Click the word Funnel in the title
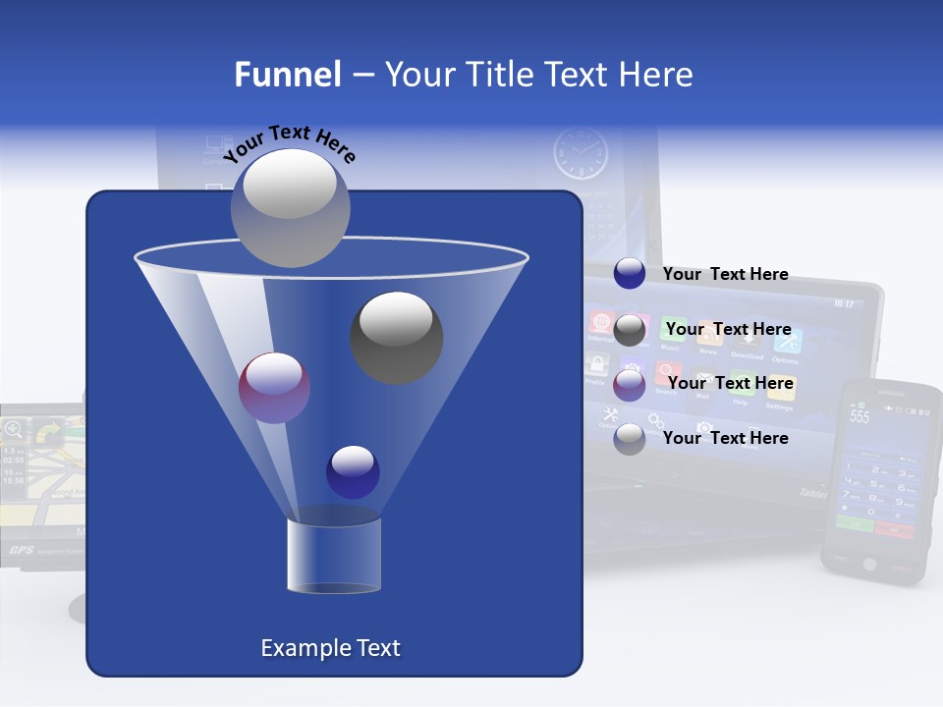coord(287,75)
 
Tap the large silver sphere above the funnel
coord(290,207)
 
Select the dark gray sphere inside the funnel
coord(396,337)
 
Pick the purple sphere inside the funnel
coord(274,388)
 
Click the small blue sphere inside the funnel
coord(353,471)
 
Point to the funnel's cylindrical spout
coord(334,556)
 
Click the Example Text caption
coord(330,648)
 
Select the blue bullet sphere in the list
coord(630,274)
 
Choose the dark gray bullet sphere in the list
coord(630,330)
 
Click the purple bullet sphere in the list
coord(630,384)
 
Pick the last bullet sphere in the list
coord(630,439)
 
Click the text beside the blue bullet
coord(725,274)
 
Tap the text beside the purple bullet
coord(730,383)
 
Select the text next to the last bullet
coord(725,438)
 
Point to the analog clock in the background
coord(581,154)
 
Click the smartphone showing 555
coord(879,481)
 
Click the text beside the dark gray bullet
coord(728,329)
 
